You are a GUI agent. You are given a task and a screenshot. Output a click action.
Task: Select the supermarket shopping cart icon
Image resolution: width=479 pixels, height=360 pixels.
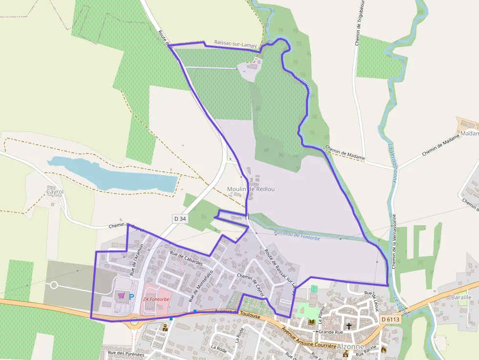(121, 296)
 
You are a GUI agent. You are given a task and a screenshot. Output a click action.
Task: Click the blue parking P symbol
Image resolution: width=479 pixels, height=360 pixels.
(131, 296)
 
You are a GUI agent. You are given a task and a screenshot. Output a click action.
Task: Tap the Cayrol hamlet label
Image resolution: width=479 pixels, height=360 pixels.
(55, 192)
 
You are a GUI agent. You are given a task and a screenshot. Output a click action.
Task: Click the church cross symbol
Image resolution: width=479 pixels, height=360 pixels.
(349, 325)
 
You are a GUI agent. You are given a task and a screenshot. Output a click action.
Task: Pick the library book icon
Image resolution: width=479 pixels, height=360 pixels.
(311, 322)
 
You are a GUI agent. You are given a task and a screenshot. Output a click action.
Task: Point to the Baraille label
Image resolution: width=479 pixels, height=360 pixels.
(461, 297)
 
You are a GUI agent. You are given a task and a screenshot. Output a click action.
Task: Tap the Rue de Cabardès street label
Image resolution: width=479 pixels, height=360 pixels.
(186, 258)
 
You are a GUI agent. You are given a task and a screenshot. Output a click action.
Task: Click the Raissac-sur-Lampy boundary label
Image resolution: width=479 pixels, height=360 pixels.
(236, 44)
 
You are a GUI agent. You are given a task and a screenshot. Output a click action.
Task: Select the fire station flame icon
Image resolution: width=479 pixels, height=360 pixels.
(383, 350)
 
